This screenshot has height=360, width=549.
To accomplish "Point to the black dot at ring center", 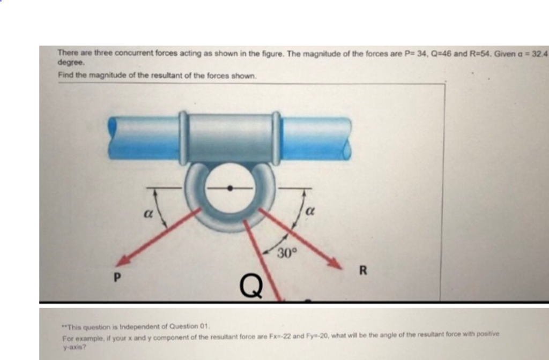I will pos(230,188).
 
